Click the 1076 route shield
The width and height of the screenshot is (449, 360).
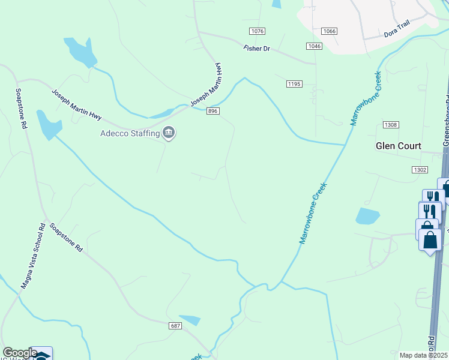(257, 31)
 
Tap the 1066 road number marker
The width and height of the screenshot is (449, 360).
(329, 31)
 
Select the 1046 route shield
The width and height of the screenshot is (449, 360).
(314, 46)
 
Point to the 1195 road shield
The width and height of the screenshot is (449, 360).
(294, 84)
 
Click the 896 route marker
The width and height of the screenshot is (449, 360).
(212, 111)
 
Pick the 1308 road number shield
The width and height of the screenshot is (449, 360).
(391, 124)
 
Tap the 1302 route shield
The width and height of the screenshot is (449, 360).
(420, 170)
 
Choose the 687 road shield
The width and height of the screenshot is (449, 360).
(175, 325)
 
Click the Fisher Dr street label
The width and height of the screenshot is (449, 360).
(258, 48)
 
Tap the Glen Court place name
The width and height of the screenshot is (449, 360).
(399, 146)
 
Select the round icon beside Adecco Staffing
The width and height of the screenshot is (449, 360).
(169, 133)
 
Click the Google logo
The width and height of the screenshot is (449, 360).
(19, 353)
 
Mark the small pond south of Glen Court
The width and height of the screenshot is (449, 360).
(367, 215)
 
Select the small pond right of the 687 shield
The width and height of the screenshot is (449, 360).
(190, 320)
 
